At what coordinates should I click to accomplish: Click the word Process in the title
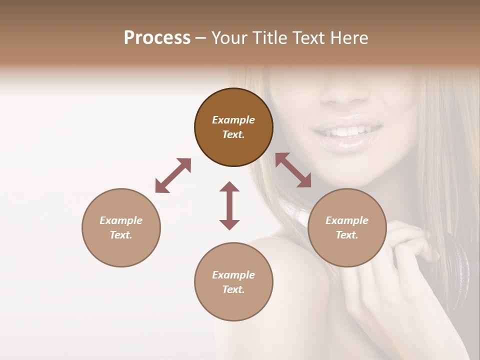[157, 37]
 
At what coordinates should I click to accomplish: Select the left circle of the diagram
[121, 227]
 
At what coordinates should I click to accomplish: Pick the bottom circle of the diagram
[233, 282]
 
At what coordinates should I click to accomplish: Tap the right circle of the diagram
[347, 227]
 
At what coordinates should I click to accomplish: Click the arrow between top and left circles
[173, 175]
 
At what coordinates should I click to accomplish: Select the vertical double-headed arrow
[229, 205]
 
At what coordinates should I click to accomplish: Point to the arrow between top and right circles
[293, 170]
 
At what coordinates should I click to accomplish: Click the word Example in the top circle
[233, 120]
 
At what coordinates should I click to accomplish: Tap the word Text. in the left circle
[121, 235]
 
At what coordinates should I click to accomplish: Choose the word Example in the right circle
[347, 220]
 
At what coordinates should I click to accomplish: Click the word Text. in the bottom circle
[233, 289]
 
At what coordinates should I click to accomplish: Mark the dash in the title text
[200, 38]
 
